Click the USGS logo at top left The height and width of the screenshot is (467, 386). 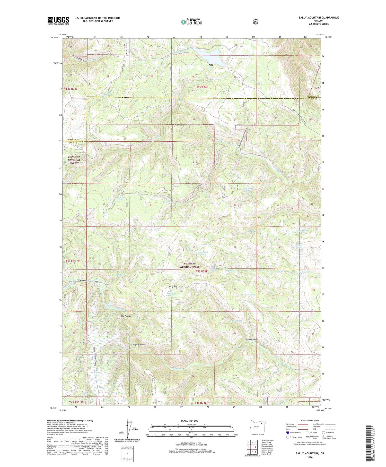(58, 21)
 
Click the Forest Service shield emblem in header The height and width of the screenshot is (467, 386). (256, 22)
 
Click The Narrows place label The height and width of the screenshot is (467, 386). (127, 316)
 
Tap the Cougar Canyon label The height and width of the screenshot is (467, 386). (138, 344)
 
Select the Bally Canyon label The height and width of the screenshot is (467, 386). (252, 339)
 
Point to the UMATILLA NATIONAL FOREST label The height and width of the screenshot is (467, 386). (74, 160)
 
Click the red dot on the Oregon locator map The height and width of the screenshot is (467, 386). (262, 423)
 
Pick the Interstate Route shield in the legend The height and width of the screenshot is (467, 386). (288, 432)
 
